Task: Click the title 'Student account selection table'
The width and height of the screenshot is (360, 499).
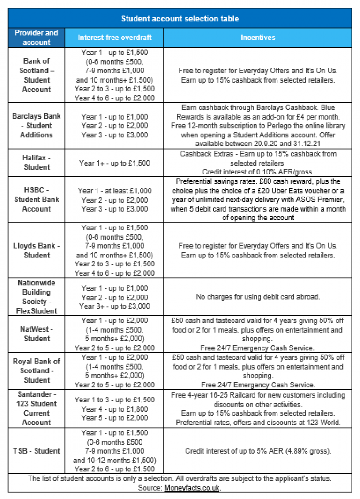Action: tap(180, 19)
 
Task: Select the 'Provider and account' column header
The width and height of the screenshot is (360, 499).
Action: tap(37, 38)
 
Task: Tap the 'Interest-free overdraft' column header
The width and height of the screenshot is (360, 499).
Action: tap(114, 38)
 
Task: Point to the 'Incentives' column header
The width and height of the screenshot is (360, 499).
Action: tap(258, 38)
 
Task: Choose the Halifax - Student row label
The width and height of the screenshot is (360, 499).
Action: tap(37, 163)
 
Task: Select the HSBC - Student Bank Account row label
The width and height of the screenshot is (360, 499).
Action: tap(37, 199)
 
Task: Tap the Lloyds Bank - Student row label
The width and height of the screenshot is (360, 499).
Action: tap(37, 250)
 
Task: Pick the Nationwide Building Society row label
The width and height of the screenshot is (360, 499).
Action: tap(37, 297)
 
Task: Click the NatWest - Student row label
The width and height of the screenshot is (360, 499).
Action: tap(37, 333)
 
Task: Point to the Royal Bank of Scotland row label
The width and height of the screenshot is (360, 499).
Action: tap(37, 370)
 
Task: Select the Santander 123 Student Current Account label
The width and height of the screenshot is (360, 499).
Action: tap(37, 408)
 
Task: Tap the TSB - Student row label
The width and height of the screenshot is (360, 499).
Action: tap(37, 451)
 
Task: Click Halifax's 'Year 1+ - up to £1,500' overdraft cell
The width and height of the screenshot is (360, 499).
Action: tap(114, 163)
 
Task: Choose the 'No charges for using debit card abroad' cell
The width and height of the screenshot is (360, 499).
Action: tap(258, 297)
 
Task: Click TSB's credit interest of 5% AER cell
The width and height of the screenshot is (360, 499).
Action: tap(258, 451)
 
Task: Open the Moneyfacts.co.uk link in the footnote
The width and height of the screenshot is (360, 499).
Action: tap(192, 488)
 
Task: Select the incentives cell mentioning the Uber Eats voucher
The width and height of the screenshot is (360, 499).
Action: tap(258, 199)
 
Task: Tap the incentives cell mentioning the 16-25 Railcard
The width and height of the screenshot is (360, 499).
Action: tap(258, 408)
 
